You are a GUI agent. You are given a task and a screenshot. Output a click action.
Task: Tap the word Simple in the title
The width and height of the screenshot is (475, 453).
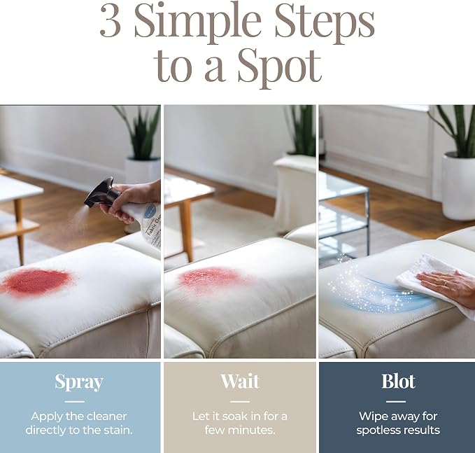point(197,23)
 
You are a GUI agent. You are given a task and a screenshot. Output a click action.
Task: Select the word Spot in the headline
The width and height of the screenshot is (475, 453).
point(279,66)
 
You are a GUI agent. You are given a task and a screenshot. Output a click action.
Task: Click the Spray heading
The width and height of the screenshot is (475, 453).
point(79,382)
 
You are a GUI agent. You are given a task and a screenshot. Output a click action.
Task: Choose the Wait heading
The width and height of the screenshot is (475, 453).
point(240,382)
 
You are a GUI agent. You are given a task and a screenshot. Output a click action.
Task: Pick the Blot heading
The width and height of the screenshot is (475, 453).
point(398,382)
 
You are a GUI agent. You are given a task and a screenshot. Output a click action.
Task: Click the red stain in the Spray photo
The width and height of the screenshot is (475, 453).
point(38,283)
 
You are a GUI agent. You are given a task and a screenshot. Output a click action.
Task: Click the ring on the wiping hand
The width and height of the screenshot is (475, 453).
point(445,283)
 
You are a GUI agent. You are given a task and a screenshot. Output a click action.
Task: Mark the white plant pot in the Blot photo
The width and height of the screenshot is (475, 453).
point(458,186)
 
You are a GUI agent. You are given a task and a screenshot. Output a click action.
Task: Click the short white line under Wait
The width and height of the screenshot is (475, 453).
point(240,402)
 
